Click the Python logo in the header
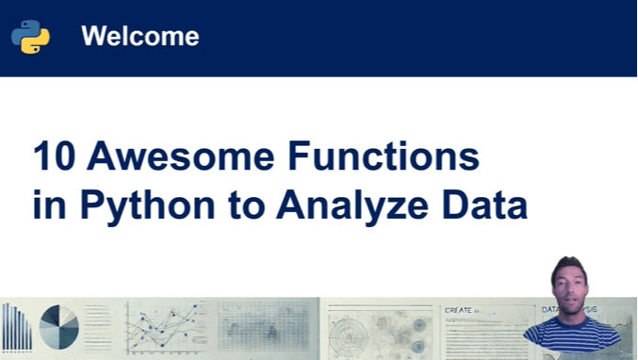click(30, 37)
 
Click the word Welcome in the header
click(139, 37)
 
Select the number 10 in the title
click(52, 155)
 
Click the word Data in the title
click(485, 205)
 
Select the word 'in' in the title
click(45, 205)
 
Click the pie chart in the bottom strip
click(59, 328)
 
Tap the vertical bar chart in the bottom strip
click(16, 329)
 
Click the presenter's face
click(570, 287)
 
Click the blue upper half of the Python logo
click(25, 30)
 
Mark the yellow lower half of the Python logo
click(35, 43)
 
